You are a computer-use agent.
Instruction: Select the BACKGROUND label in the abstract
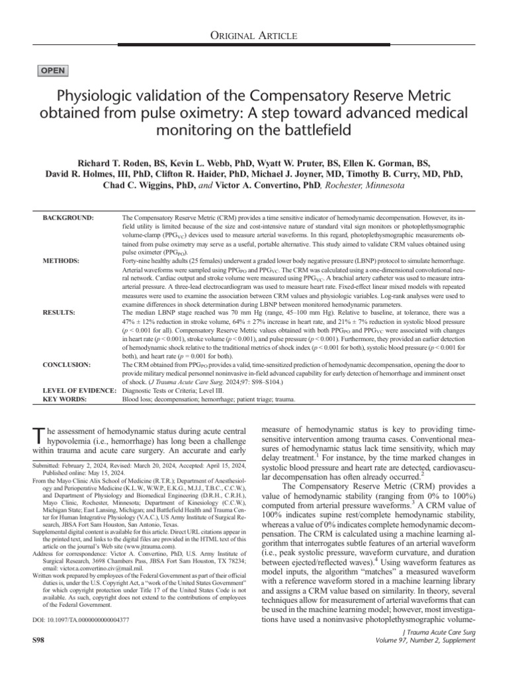pyautogui.click(x=68, y=218)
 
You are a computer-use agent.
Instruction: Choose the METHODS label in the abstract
pyautogui.click(x=61, y=261)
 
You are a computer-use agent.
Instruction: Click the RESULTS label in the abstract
pyautogui.click(x=60, y=311)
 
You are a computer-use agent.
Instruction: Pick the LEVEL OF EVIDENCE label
pyautogui.click(x=79, y=391)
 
